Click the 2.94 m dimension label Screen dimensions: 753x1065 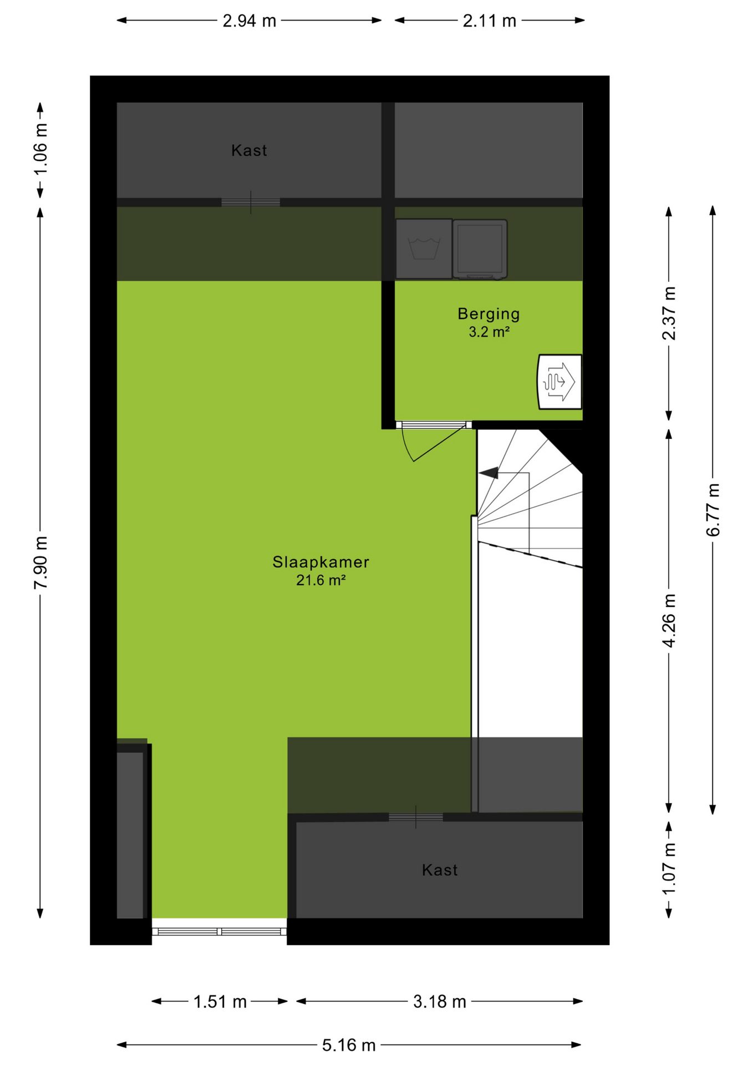coord(249,21)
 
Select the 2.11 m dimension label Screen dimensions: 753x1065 coord(489,21)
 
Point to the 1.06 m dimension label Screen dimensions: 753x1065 coord(40,149)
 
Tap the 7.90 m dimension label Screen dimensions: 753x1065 coord(40,563)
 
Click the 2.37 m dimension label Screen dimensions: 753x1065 coord(669,313)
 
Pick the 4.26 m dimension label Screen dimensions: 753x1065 coord(669,620)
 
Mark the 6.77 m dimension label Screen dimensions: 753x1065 coord(713,510)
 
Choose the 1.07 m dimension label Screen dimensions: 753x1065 coord(669,869)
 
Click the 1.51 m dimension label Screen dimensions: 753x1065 coord(220,1002)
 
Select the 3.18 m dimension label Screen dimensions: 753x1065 coord(439,1002)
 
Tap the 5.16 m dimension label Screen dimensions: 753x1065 coord(349,1046)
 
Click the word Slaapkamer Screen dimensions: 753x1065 coord(320,562)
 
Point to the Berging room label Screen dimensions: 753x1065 coord(489,314)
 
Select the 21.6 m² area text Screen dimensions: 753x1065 coord(320,581)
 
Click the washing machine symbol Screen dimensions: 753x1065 coord(424,248)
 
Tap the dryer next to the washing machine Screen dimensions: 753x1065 coord(480,248)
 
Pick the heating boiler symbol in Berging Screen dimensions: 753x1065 coord(559,382)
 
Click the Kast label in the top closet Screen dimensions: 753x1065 coord(249,150)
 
